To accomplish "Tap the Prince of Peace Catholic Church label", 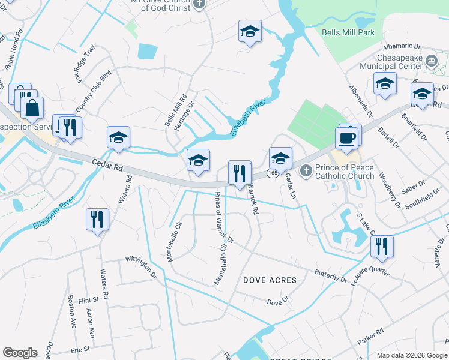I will [345, 172].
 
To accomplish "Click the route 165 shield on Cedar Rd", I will [273, 172].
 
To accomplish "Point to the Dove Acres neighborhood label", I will [270, 280].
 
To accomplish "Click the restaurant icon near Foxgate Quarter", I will [381, 246].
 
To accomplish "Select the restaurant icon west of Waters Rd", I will [97, 219].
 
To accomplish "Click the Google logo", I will [20, 353].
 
